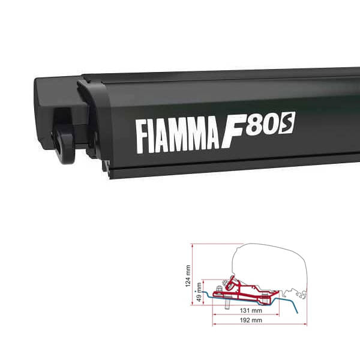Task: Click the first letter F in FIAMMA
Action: tap(142, 138)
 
